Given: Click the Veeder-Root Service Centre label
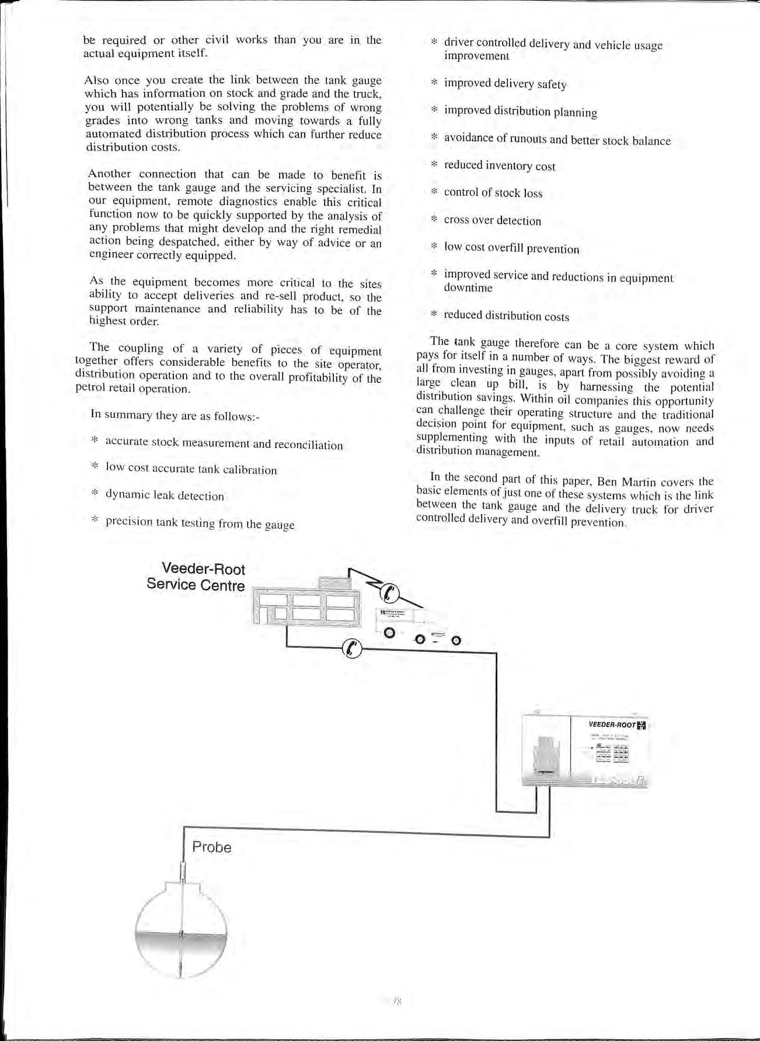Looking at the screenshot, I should [196, 577].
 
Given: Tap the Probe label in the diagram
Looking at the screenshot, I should [211, 847].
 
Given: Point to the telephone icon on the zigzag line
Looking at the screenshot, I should [390, 593].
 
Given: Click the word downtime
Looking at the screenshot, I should [468, 288].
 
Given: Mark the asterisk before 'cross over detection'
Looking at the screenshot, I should [434, 219].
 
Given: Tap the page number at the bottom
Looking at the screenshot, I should [398, 1001].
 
